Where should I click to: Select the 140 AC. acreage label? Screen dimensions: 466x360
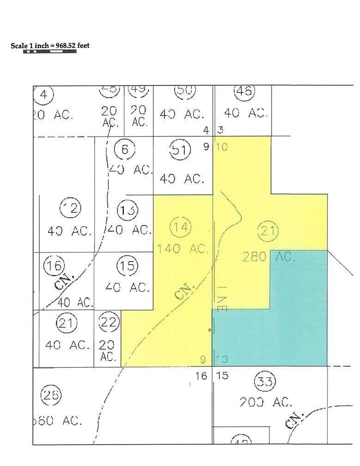183,249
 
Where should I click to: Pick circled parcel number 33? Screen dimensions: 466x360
265,382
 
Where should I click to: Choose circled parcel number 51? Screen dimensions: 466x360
181,151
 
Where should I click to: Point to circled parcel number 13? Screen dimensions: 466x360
128,211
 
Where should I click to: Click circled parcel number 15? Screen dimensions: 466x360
128,266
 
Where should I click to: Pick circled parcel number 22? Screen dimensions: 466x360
110,322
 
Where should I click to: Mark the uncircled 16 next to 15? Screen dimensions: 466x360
201,376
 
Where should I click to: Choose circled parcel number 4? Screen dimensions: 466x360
44,95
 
